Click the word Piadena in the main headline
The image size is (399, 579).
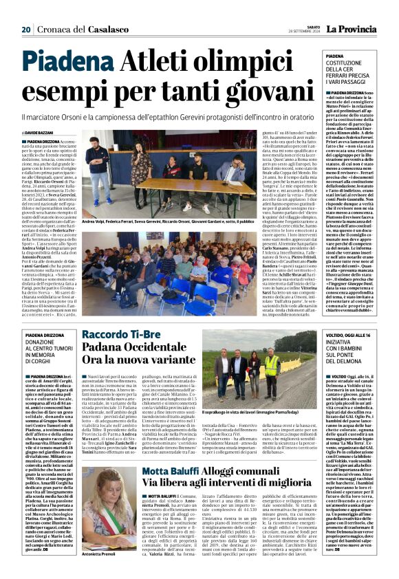tap(72, 63)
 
